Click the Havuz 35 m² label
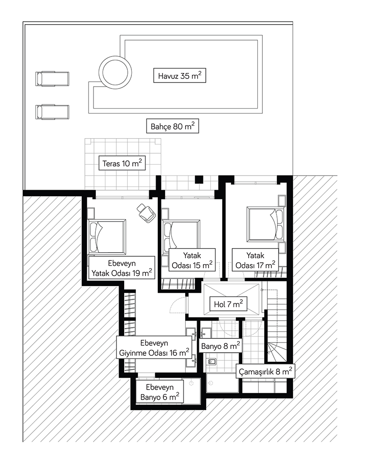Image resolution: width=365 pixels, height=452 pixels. click(180, 76)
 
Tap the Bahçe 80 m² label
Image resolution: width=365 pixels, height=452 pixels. click(172, 126)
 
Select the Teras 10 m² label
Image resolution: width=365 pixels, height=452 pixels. click(122, 163)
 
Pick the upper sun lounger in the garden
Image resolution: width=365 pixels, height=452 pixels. click(52, 79)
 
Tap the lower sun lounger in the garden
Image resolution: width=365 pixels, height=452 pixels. click(52, 112)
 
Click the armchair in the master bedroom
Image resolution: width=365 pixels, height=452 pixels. click(146, 213)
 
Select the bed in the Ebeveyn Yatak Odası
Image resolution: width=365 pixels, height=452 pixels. click(107, 237)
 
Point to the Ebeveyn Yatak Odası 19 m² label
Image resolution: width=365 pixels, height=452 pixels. click(122, 268)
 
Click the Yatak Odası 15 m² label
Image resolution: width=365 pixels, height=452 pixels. click(192, 260)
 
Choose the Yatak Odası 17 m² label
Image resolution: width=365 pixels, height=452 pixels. click(255, 260)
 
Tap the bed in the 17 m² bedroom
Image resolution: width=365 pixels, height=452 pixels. click(266, 224)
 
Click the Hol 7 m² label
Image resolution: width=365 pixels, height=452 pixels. click(228, 304)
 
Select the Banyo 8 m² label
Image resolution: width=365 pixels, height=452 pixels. click(220, 346)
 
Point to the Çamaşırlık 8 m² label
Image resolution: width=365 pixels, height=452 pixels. click(266, 371)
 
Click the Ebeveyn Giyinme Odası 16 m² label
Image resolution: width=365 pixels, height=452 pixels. click(154, 348)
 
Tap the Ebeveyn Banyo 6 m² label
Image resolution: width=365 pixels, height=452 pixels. click(160, 392)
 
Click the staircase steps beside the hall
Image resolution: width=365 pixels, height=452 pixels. click(276, 322)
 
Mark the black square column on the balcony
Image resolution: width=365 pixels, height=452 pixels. click(199, 179)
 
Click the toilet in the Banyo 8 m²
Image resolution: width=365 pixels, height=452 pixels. click(212, 361)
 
